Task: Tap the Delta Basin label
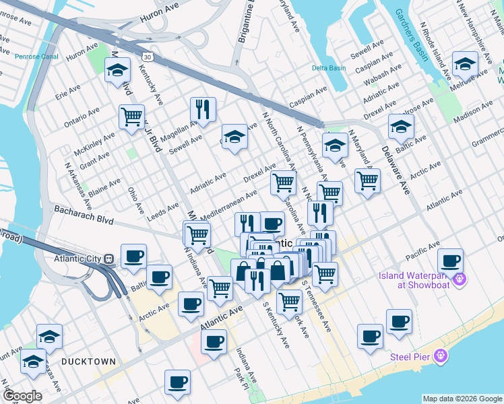point(328,68)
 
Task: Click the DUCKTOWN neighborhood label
point(88,362)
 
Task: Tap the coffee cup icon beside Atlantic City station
point(133,256)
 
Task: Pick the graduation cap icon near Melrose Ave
point(465,64)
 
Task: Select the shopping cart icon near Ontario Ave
point(131,116)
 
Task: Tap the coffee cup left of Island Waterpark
point(450,261)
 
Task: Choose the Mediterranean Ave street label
point(228,203)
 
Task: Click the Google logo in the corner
point(22,396)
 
